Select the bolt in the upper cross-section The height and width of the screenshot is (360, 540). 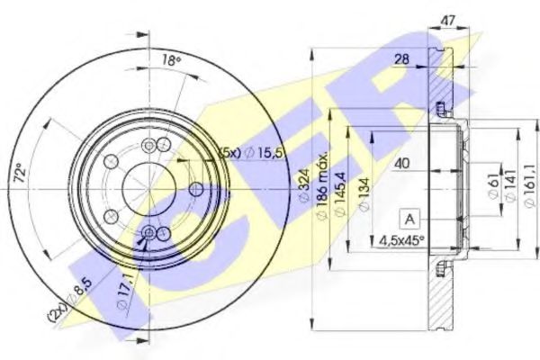pos(441,111)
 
